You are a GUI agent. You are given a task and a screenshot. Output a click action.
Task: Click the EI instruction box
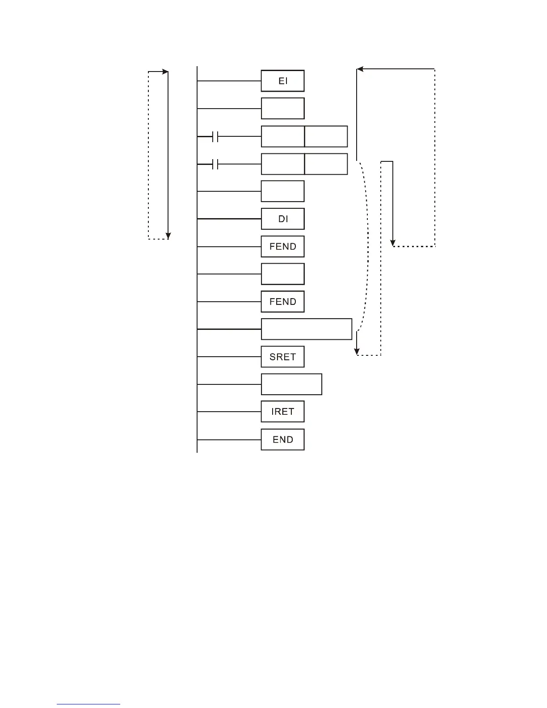282,81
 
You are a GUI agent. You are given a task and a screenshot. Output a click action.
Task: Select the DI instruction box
282,219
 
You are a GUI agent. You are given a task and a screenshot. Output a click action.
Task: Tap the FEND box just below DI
282,247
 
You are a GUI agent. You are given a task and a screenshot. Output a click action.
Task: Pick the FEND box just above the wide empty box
282,302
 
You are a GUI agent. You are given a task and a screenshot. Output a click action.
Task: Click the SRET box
282,357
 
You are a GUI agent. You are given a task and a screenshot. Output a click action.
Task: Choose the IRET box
282,412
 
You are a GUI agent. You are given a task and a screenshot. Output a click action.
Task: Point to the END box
282,440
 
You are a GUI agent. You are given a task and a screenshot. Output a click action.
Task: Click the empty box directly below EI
282,109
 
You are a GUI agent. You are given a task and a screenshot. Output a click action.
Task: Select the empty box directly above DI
282,191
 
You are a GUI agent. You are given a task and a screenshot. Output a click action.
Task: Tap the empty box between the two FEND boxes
282,274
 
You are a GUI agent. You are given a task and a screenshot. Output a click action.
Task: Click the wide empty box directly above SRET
307,329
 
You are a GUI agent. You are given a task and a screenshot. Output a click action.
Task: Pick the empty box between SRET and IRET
291,384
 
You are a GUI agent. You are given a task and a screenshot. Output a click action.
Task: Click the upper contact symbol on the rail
215,137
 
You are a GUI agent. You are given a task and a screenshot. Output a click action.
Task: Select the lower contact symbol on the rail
215,164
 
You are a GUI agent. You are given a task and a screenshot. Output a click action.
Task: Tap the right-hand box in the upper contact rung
326,137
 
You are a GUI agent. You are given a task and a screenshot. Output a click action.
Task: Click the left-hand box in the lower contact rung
282,164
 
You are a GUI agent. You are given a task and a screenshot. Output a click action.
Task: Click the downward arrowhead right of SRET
357,351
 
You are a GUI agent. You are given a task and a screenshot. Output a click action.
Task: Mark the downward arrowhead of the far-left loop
168,236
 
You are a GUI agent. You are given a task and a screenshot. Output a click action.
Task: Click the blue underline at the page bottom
88,704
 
